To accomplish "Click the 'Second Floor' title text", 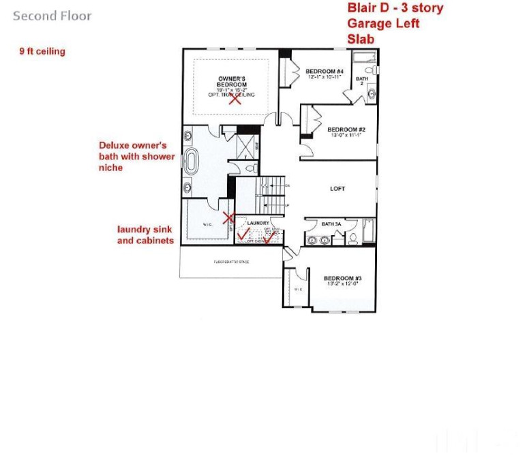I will (52, 16).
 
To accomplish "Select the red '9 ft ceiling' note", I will (42, 51).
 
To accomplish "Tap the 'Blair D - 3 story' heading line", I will (395, 8).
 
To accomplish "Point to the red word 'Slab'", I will (361, 39).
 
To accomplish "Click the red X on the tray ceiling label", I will (235, 99).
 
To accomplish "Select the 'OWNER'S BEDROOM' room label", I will (232, 81).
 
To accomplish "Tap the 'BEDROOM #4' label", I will (324, 72).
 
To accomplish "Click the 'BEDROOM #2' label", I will (346, 129).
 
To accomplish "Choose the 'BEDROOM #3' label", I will (342, 278).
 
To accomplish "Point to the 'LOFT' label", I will (337, 189).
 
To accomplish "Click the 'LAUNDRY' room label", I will (259, 223).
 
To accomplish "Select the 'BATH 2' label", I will (362, 81).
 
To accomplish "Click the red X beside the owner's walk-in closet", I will (230, 218).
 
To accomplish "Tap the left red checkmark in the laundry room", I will (243, 238).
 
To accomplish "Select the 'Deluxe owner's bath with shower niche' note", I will (137, 156).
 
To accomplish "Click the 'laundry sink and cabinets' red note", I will (145, 235).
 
